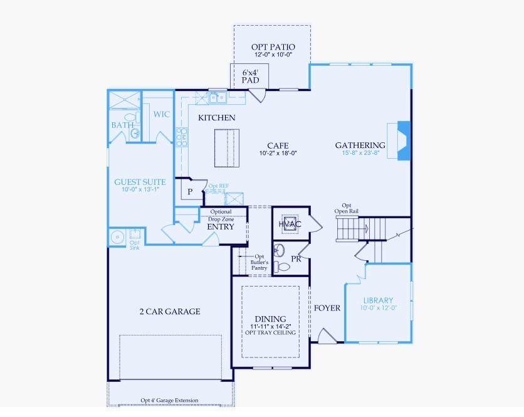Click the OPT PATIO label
[273, 47]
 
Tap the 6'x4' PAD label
[250, 77]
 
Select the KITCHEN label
[216, 118]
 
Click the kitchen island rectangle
[227, 148]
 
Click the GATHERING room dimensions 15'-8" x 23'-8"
[360, 153]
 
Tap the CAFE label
[278, 146]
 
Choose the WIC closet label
[162, 114]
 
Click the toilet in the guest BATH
[132, 117]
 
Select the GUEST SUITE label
[140, 182]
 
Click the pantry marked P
[190, 191]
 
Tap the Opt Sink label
[135, 245]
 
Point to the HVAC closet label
[290, 224]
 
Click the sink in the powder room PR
[279, 250]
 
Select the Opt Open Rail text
[347, 208]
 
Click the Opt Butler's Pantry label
[259, 262]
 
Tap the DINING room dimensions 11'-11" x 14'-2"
[271, 326]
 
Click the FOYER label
[327, 308]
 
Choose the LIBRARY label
[379, 300]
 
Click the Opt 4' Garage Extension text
[169, 400]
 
